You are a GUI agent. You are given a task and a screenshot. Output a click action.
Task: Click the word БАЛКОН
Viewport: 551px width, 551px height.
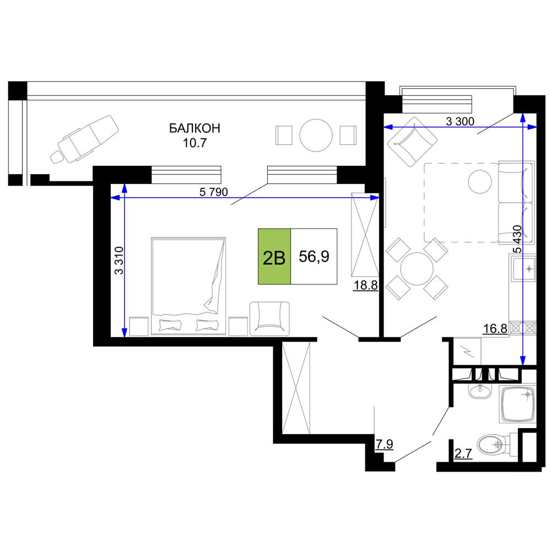[195, 128]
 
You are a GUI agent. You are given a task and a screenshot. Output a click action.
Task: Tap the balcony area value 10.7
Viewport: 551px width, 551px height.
[195, 143]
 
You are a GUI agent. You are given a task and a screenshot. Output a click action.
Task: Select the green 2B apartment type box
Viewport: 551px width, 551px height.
[274, 256]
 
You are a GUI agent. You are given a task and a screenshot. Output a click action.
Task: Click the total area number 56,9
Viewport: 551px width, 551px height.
[314, 256]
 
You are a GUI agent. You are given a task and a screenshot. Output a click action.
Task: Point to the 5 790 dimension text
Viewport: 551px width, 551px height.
[214, 192]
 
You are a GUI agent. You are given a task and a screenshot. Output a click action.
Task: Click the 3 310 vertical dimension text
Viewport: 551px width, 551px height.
[120, 261]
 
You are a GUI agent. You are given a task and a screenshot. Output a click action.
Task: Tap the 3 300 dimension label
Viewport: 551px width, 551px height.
[460, 121]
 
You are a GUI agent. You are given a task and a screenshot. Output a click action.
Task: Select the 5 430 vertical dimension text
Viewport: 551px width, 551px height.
[517, 239]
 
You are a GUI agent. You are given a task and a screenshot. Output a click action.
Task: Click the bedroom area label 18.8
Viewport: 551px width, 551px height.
[365, 285]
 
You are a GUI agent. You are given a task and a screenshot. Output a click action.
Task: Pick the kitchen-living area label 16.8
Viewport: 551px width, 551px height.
[495, 328]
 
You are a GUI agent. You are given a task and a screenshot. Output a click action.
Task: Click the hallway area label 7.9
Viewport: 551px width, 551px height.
[385, 444]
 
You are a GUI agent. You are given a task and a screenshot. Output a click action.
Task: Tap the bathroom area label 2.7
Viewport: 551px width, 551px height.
[463, 453]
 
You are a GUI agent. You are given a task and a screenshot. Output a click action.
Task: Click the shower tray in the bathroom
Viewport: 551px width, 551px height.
[517, 404]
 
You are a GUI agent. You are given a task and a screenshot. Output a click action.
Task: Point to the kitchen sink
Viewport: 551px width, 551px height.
[523, 269]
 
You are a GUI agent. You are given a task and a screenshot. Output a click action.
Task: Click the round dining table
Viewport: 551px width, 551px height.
[417, 269]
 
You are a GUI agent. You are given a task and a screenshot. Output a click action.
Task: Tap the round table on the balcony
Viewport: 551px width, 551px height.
[316, 136]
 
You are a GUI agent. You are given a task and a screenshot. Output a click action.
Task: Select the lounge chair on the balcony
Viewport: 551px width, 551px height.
[85, 139]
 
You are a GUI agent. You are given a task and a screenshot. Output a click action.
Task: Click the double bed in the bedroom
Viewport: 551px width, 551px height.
[188, 286]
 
